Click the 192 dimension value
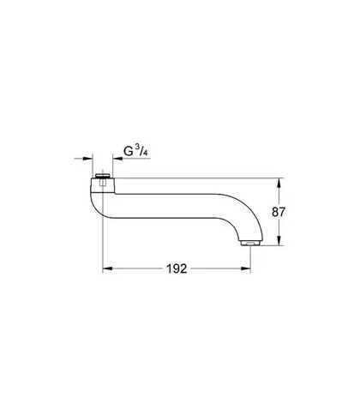(177, 268)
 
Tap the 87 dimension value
(279, 212)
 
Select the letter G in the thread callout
(129, 151)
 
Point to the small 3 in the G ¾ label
(138, 148)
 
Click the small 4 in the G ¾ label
(146, 154)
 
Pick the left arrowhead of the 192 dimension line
(107, 268)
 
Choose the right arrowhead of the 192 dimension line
(246, 268)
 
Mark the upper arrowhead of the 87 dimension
(279, 183)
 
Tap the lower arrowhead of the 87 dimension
(279, 241)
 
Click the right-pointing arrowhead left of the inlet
(88, 158)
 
